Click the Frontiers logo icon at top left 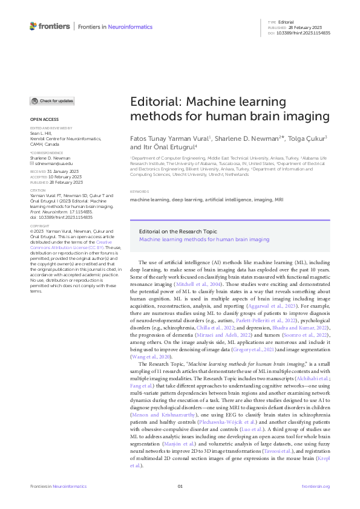click(x=33, y=26)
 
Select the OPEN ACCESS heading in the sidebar click(x=44, y=120)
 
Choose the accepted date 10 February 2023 click(x=64, y=177)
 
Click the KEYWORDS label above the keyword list click(x=140, y=192)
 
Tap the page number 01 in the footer click(x=180, y=487)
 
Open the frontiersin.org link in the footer click(x=315, y=487)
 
